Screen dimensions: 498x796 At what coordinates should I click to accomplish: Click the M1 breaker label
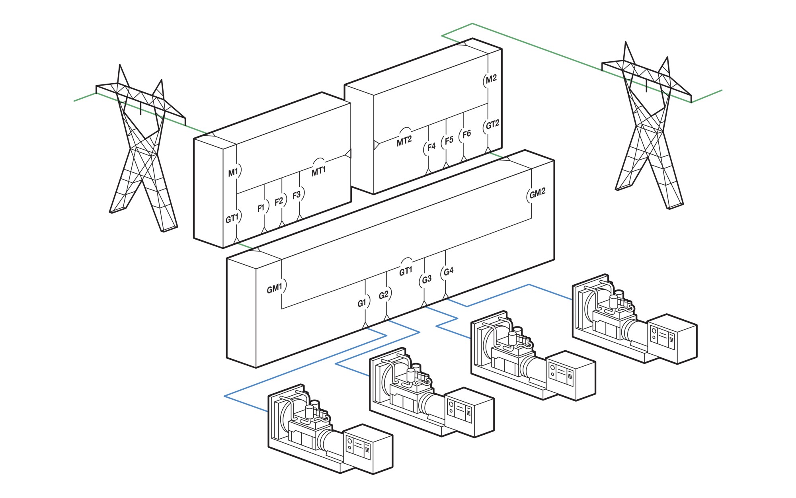coord(233,172)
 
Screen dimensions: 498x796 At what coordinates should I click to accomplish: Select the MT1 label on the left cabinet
coord(318,171)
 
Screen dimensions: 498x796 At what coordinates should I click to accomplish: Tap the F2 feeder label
coord(279,201)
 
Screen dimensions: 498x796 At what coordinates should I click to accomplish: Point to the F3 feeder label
coord(297,195)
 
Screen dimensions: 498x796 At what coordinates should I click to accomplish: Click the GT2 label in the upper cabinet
coord(492,125)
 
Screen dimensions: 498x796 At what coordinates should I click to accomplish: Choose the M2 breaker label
coord(491,78)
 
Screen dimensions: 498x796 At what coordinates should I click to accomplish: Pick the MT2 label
coord(404,141)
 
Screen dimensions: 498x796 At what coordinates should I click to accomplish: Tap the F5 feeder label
coord(449,141)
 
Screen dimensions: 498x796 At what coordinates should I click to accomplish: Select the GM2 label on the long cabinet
coord(537,193)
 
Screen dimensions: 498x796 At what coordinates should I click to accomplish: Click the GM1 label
coord(275,288)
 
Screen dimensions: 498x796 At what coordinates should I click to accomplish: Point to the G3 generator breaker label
coord(426,279)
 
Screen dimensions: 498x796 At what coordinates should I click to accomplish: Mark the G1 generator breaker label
coord(361,303)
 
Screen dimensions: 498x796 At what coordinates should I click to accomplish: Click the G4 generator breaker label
coord(448,271)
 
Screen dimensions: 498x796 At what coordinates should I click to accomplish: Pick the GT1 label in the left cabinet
coord(232,218)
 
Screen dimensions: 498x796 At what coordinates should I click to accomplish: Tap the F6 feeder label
coord(466,134)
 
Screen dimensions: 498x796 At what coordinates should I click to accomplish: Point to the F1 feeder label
coord(261,208)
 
